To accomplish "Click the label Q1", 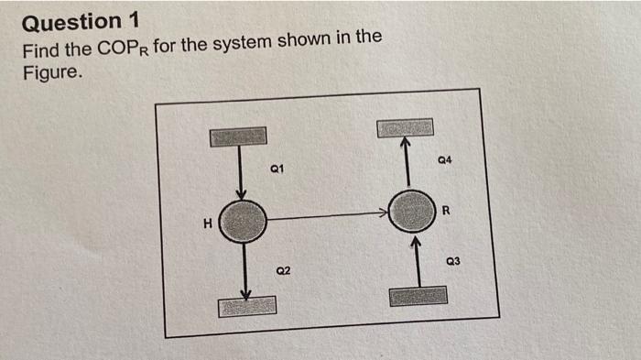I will click(x=278, y=169).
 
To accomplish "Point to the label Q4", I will click(x=447, y=161).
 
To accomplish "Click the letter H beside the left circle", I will click(x=208, y=222).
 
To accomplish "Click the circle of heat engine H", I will click(x=243, y=220).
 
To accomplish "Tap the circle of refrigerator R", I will click(x=411, y=213).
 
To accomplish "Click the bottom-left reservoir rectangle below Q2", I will click(x=246, y=306).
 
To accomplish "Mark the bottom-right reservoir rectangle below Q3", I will click(x=418, y=296).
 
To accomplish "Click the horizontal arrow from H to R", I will click(x=325, y=217).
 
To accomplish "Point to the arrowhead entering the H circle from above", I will click(x=241, y=194).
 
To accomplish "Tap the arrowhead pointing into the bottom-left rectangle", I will click(x=244, y=293).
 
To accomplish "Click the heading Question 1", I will click(x=72, y=20).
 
